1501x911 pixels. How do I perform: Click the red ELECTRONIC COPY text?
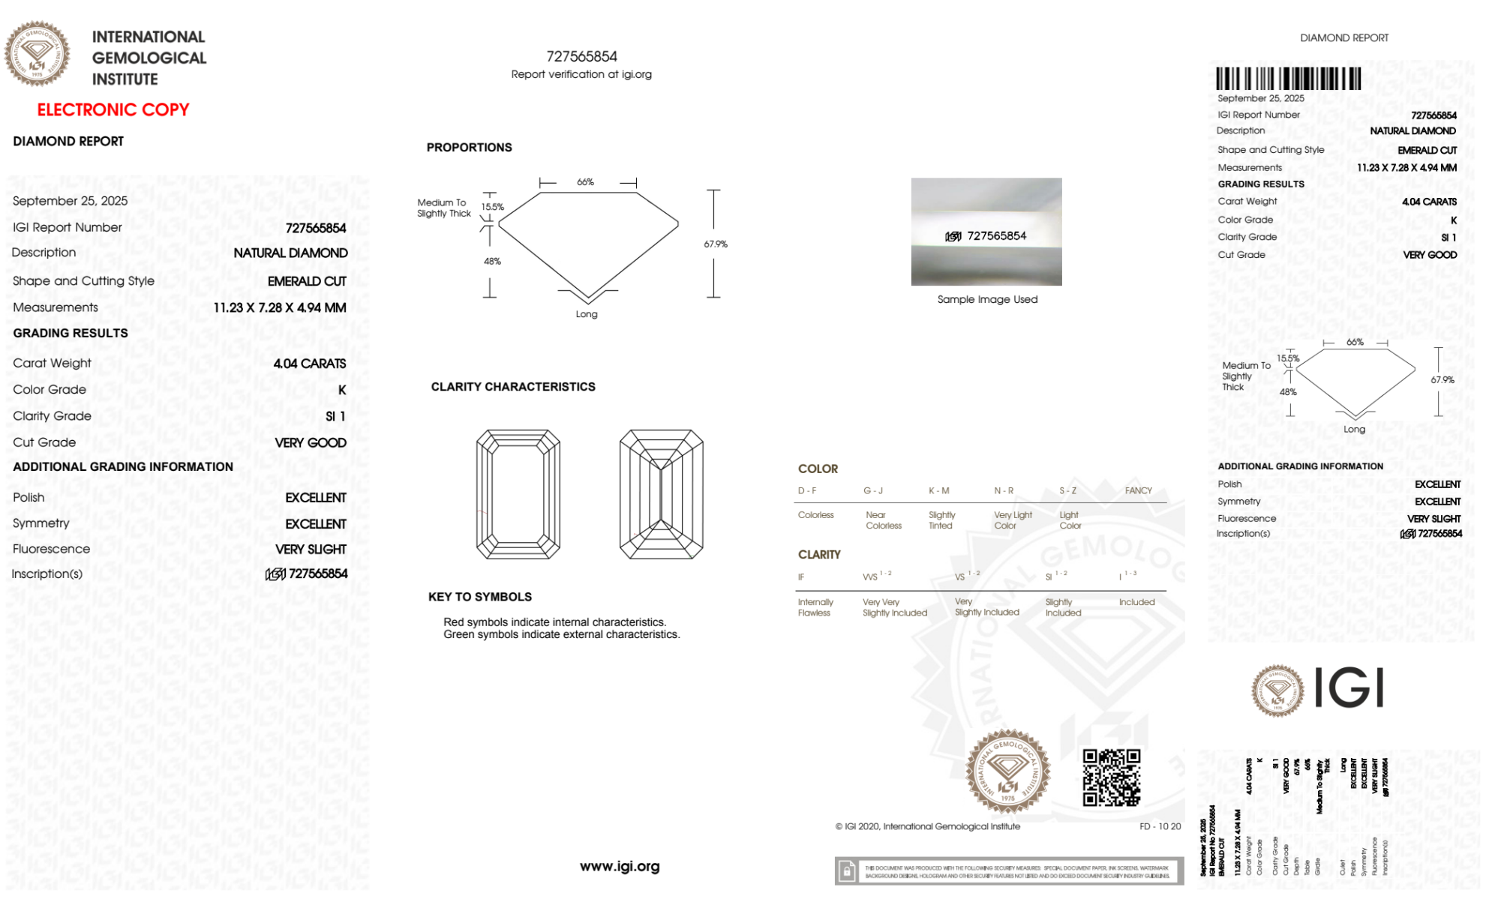[x=113, y=110]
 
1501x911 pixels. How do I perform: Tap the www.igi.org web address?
[x=620, y=866]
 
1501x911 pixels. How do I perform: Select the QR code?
[x=1111, y=778]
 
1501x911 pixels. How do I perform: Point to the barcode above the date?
[x=1288, y=79]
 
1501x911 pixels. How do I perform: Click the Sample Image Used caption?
[x=987, y=299]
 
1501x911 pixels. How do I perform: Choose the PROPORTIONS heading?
[x=469, y=148]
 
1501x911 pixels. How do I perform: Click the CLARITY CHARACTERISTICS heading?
[x=513, y=387]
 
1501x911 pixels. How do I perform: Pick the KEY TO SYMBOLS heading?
[x=480, y=597]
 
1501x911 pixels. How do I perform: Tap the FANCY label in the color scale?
[x=1138, y=491]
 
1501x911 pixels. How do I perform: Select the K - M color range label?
[x=939, y=491]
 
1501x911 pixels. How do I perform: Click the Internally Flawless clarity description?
[x=815, y=607]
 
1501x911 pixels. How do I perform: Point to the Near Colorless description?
[x=883, y=520]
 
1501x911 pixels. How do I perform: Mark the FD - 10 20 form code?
[x=1160, y=826]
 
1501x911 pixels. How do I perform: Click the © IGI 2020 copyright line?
[x=928, y=826]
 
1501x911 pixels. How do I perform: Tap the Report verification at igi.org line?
[x=581, y=74]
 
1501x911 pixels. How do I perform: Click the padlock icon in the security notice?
[x=847, y=871]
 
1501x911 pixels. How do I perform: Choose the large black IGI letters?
[x=1349, y=688]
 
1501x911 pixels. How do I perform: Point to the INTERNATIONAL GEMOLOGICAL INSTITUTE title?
[x=149, y=58]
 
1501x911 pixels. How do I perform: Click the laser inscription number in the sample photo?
[x=996, y=236]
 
